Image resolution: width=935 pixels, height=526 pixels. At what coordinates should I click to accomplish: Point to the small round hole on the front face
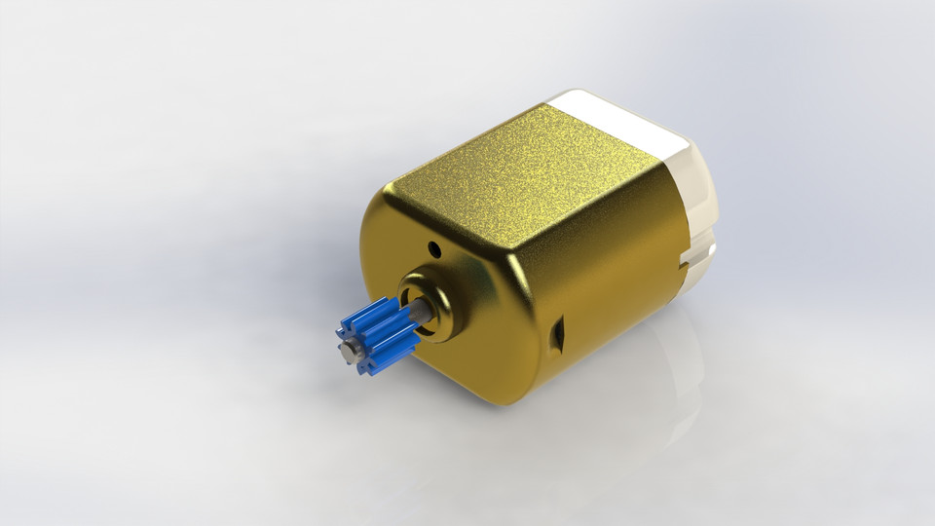(435, 251)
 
